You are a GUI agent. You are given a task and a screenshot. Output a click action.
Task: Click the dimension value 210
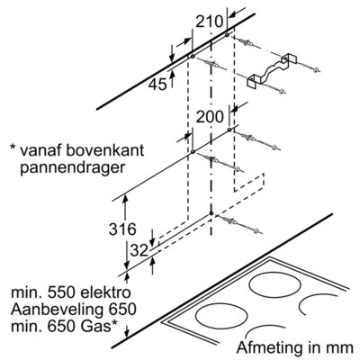(x=210, y=22)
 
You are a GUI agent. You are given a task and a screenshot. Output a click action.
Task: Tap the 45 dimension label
(x=157, y=85)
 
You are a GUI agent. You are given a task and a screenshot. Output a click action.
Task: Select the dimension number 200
(x=210, y=117)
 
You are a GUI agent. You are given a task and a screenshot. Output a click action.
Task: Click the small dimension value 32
(x=139, y=250)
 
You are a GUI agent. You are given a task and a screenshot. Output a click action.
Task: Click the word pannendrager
(x=72, y=168)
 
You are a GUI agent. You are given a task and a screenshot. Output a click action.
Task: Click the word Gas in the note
(x=96, y=327)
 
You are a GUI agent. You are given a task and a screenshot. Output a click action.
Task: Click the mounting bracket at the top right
(x=272, y=71)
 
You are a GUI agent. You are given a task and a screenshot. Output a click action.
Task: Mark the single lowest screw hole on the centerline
(x=211, y=213)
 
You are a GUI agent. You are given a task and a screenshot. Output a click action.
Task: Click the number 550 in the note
(x=59, y=292)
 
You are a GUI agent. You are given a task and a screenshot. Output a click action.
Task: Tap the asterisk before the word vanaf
(x=13, y=148)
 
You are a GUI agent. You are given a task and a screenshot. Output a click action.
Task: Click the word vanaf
(x=40, y=150)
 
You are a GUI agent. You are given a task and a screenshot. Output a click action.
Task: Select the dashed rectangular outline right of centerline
(x=249, y=182)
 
